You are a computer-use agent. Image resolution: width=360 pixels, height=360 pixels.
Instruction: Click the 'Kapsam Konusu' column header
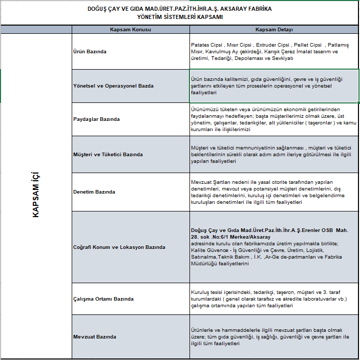coord(131,30)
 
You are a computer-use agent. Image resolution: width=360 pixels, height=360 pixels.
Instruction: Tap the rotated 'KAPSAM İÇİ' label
coord(36,195)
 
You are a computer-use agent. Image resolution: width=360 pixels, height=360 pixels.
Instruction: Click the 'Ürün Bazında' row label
coord(91,52)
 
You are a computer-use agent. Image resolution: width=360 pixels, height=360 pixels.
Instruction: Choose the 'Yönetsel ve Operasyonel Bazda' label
coord(114,86)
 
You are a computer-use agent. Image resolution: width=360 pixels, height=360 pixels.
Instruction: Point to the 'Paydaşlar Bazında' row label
coord(97,119)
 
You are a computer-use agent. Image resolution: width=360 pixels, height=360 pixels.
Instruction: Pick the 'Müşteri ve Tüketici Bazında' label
coord(109,154)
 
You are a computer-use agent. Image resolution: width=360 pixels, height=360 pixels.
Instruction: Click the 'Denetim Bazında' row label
coord(95,192)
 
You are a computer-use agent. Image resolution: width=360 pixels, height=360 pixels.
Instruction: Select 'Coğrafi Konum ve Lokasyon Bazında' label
coord(120,247)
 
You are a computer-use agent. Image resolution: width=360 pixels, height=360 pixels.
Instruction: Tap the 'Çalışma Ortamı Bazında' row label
coord(104,299)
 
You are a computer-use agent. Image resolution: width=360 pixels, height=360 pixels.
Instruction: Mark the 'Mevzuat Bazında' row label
coord(95,337)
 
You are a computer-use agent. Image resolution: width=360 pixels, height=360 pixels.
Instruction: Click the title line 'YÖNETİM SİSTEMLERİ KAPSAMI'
coord(180,17)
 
